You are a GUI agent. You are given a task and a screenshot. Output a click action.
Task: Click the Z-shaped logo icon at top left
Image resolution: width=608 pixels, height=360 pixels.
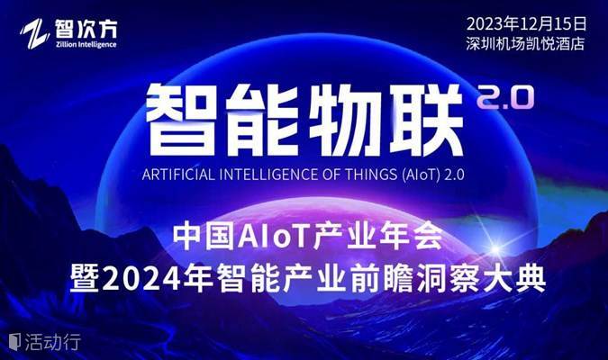tap(34, 34)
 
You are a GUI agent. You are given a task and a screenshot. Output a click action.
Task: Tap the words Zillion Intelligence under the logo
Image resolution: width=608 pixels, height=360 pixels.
tap(86, 44)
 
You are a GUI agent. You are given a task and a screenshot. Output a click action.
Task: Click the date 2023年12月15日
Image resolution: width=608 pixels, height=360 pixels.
tap(526, 23)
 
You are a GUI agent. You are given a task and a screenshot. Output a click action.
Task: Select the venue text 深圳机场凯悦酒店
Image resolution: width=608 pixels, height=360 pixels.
tap(525, 43)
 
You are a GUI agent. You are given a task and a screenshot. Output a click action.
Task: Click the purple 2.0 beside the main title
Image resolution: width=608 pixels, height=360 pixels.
tap(505, 97)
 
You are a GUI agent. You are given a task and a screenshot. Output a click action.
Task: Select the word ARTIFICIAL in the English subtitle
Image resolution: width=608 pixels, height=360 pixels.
tap(178, 175)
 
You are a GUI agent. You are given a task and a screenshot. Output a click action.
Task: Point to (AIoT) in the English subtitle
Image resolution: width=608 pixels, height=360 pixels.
tap(421, 175)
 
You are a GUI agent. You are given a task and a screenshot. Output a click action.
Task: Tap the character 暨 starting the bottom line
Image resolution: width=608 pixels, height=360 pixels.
tap(85, 279)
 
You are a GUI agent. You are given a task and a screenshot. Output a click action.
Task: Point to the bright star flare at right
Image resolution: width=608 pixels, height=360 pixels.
tap(495, 247)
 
